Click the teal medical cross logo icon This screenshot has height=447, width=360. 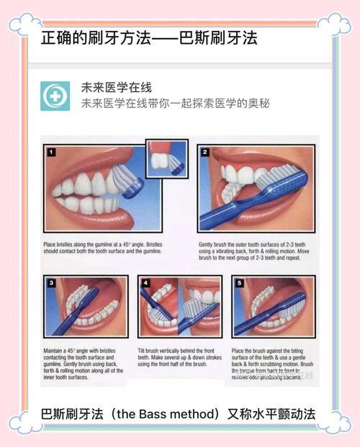(x=55, y=96)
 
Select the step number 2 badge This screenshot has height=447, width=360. (x=205, y=152)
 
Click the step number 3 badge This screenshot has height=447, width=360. (x=50, y=283)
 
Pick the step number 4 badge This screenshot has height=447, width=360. (x=146, y=283)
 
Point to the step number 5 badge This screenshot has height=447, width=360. (x=240, y=283)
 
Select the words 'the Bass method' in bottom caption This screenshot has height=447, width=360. (x=166, y=415)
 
